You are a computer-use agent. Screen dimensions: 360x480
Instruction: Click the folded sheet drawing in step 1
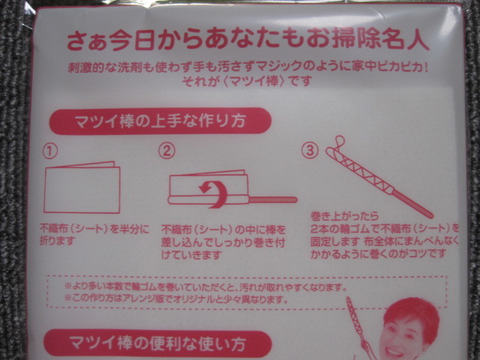(x=82, y=187)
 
